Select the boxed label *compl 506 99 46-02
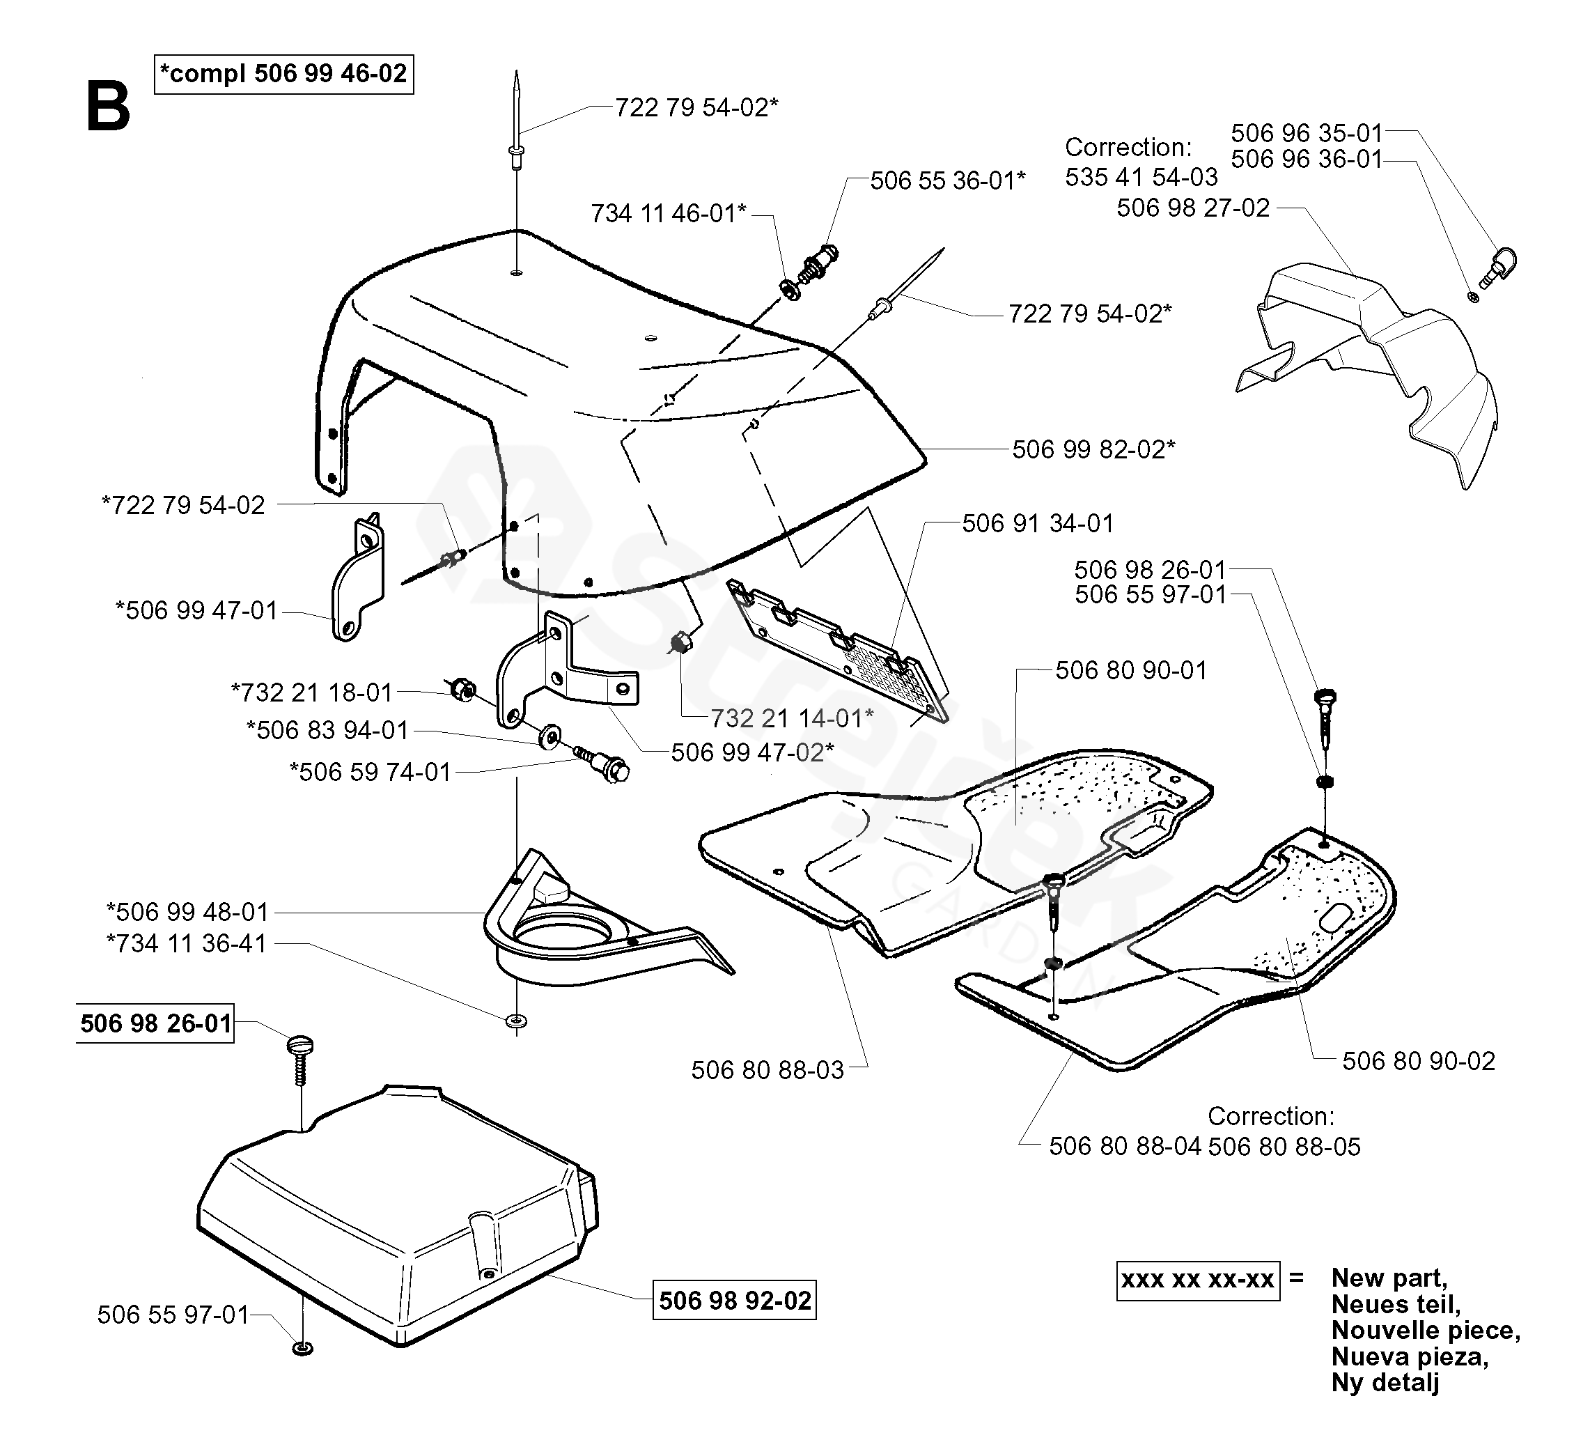pos(284,74)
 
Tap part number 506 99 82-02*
pos(1093,449)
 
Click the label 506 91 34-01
pos(1037,524)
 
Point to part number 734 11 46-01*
pos(668,214)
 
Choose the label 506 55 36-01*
pos(947,180)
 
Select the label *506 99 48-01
pos(188,913)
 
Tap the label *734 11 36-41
pos(187,943)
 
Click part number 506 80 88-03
pos(767,1070)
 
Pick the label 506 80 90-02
pos(1418,1061)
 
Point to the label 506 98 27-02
pos(1192,208)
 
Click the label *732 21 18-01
pos(311,692)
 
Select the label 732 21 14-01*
pos(792,718)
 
